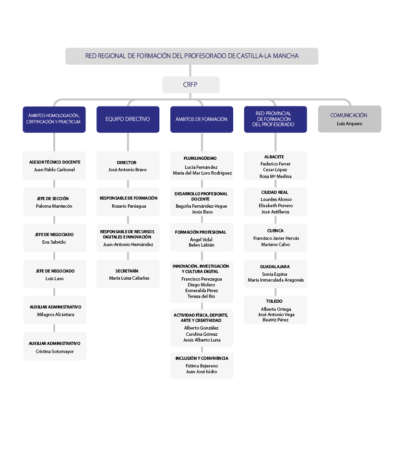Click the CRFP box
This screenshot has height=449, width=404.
[190, 85]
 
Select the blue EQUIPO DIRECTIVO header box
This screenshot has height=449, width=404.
[128, 119]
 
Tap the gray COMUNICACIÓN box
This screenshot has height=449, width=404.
[350, 119]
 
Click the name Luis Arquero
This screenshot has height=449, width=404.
[349, 124]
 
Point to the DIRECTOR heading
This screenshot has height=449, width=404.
[127, 163]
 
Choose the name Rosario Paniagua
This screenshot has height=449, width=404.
[129, 206]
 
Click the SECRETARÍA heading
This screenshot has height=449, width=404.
[127, 271]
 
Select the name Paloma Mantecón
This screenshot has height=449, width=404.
[54, 206]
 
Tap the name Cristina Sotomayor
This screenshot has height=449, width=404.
[55, 351]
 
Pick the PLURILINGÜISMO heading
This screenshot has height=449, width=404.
[200, 158]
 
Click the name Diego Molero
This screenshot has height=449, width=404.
[202, 285]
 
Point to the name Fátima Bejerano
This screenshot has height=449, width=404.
[202, 366]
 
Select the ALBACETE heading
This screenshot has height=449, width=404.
[274, 157]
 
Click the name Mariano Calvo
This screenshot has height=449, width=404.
[275, 245]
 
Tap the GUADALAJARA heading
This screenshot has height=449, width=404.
[274, 267]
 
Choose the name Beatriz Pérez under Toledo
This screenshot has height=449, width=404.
[275, 320]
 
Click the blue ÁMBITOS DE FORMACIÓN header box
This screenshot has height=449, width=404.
[202, 119]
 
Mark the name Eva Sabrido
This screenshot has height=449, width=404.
[54, 242]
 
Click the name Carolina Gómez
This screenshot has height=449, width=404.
[202, 334]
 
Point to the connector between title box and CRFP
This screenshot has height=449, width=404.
[190, 71]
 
